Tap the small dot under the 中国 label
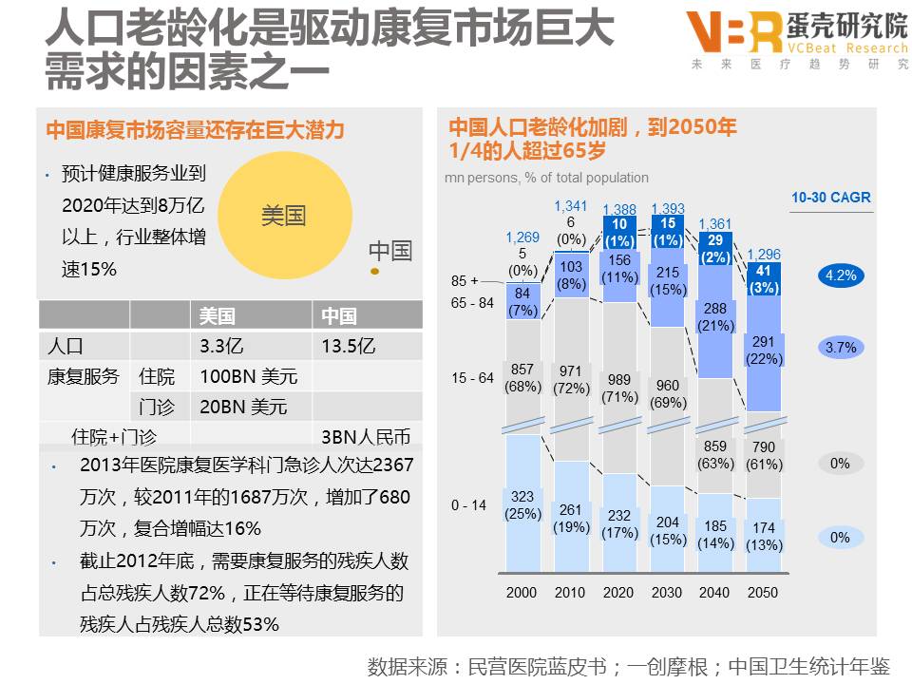[x=374, y=272]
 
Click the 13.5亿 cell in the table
[x=349, y=346]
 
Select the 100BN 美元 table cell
[x=248, y=376]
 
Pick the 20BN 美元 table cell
[x=243, y=408]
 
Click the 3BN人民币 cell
[x=366, y=437]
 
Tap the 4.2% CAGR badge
[x=840, y=276]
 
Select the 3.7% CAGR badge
[x=840, y=348]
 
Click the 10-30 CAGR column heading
[x=830, y=199]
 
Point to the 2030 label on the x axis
[x=667, y=592]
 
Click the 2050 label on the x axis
[x=762, y=592]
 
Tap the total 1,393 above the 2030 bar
[x=667, y=209]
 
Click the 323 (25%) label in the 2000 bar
[x=522, y=505]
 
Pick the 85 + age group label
[x=465, y=281]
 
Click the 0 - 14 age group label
[x=468, y=505]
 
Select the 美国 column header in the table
[x=217, y=316]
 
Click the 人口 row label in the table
[x=66, y=346]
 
